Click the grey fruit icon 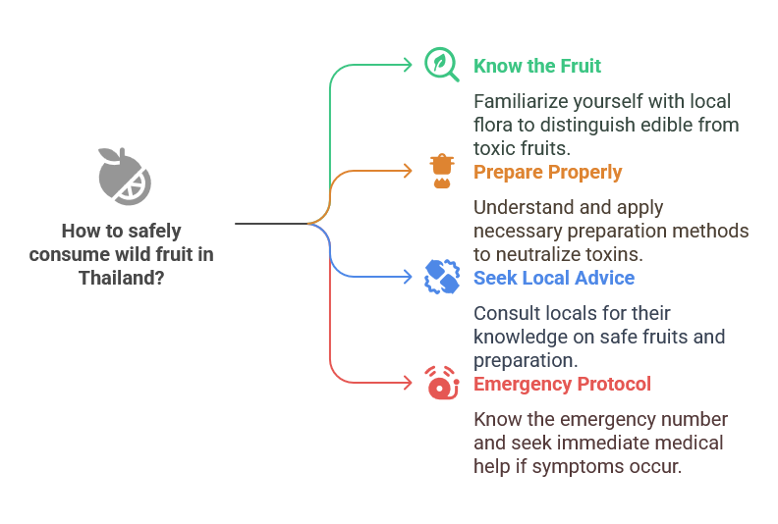click(x=125, y=177)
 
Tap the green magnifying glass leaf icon click(x=440, y=64)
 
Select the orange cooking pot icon click(x=442, y=171)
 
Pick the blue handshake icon click(x=442, y=277)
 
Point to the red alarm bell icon click(x=442, y=383)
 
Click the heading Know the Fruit click(x=537, y=66)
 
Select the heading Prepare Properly click(x=547, y=172)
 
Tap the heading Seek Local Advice click(x=554, y=278)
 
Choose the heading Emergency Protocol click(x=562, y=385)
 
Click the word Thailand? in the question click(x=122, y=278)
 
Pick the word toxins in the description click(x=614, y=254)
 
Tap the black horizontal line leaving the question click(x=271, y=224)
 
